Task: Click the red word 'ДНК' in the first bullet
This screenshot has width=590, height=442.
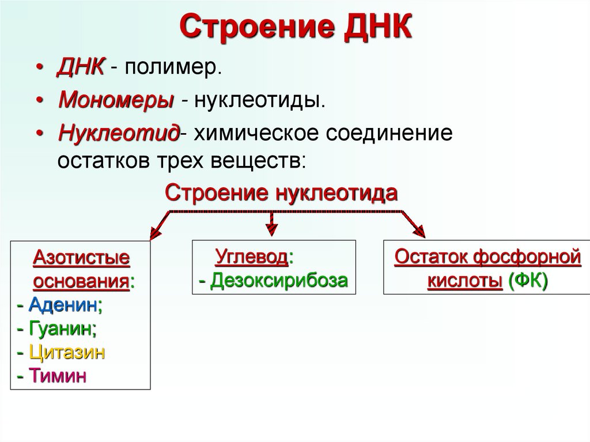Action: click(x=80, y=67)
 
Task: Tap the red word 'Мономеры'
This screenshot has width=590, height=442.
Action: click(x=115, y=101)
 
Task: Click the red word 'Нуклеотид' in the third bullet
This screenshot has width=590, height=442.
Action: click(x=119, y=134)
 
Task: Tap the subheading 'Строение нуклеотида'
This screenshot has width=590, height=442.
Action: click(x=281, y=192)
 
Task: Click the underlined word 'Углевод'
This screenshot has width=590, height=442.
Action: click(x=252, y=257)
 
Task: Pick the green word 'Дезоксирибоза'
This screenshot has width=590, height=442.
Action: click(x=279, y=281)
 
